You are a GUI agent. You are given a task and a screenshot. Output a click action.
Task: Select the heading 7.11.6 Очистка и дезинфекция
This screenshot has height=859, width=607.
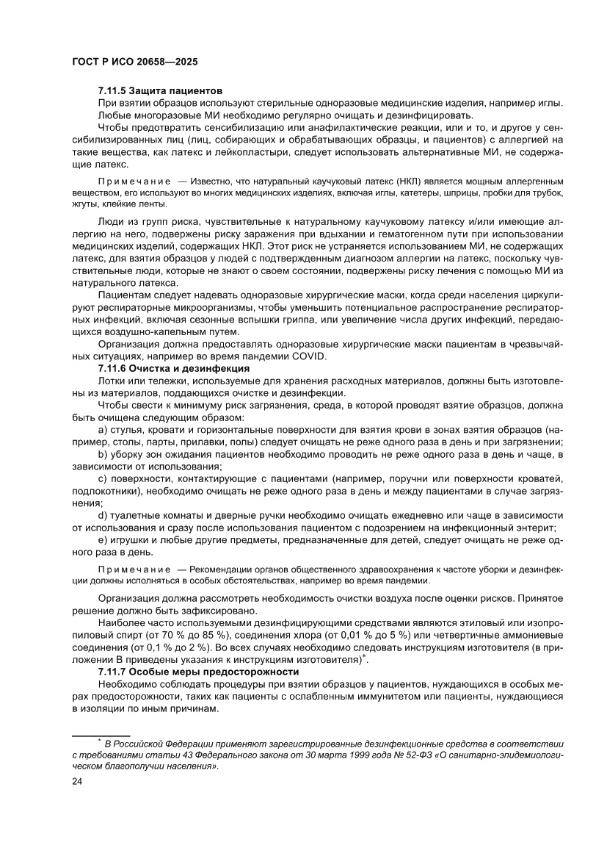click(x=174, y=368)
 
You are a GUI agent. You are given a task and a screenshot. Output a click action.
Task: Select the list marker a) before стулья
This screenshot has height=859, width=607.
click(x=102, y=428)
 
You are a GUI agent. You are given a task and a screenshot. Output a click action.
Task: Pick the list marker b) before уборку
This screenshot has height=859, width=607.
click(x=102, y=455)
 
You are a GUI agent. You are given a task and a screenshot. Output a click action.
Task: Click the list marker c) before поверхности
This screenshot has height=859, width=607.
click(x=102, y=479)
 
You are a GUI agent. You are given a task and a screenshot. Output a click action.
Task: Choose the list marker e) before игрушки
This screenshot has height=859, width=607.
click(x=102, y=540)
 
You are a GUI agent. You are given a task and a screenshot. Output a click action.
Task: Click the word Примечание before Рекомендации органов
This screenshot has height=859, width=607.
click(x=134, y=569)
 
